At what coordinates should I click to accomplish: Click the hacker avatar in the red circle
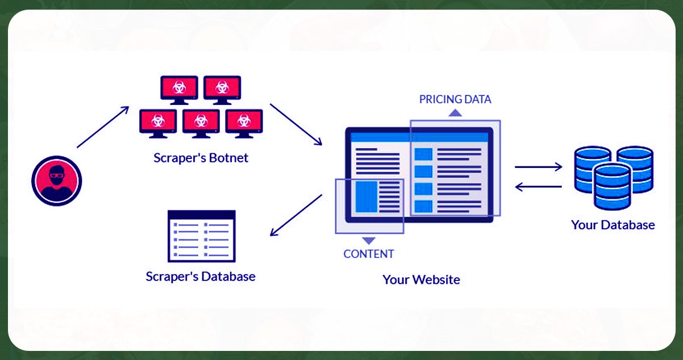click(x=56, y=181)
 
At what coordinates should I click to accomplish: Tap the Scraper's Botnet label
click(x=201, y=158)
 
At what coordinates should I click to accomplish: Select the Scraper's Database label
click(x=201, y=277)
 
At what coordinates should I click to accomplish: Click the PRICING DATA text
click(x=455, y=99)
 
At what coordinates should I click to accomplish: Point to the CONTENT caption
click(x=368, y=254)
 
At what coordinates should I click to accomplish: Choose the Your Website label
click(x=421, y=279)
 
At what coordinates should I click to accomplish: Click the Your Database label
click(x=613, y=225)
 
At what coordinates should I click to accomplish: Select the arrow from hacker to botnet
click(x=103, y=127)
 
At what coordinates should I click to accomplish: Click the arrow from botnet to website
click(x=295, y=124)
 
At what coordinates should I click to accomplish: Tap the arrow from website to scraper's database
click(x=296, y=215)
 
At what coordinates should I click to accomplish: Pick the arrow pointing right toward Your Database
click(x=538, y=167)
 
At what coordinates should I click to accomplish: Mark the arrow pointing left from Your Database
click(x=538, y=186)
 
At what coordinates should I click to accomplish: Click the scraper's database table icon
click(x=201, y=236)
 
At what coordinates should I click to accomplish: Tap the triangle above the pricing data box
click(x=455, y=112)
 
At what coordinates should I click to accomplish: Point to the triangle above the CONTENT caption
click(x=368, y=240)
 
